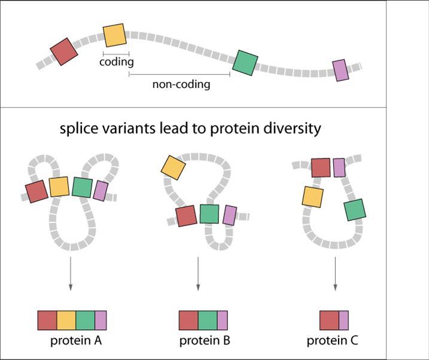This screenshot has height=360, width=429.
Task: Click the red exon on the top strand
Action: point(64,52)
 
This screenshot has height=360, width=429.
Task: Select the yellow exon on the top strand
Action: point(114,36)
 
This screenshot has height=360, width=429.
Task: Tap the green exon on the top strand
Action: point(245,62)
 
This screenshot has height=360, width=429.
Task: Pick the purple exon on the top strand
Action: point(340,70)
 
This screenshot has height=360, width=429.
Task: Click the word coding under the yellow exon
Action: point(116,62)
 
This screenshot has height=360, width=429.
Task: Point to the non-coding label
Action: point(181,84)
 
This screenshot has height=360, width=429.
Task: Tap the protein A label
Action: point(76,341)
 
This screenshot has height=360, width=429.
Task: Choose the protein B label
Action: point(205,341)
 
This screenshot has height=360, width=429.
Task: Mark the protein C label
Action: point(333,341)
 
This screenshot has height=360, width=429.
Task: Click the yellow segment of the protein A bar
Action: point(66,321)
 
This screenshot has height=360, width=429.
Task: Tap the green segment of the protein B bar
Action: point(207,321)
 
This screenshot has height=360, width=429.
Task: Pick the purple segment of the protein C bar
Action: point(343,321)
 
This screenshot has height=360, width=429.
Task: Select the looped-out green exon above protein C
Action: point(354,209)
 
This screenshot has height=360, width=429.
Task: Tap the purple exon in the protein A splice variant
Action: point(101,191)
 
